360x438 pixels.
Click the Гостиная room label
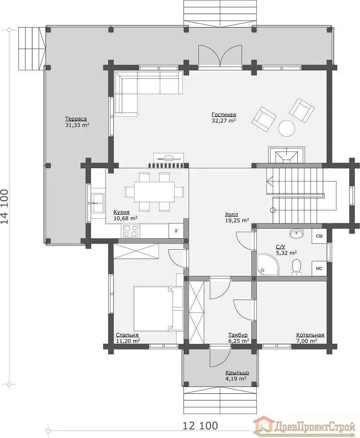coord(224,114)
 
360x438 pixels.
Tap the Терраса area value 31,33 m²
coord(77,125)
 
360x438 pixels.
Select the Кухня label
coord(121,212)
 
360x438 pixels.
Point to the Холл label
coord(232,214)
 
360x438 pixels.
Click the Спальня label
coord(127,335)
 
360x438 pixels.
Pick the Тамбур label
coord(238,335)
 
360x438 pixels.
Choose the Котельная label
coord(310,335)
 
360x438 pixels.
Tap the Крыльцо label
coord(237,373)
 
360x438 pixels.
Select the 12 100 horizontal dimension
coord(200,426)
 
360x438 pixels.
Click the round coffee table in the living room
coord(286,128)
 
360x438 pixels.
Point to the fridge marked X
coord(176,231)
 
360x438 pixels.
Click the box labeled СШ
coord(319,236)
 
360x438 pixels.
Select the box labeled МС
coord(319,268)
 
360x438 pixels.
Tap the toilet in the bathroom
coord(296,267)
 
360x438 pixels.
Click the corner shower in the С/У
coord(268,265)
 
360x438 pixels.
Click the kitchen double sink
coord(98,203)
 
